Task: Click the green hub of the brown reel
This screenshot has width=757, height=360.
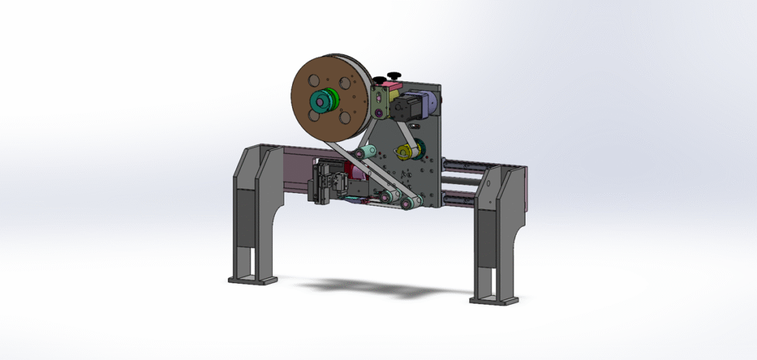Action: pyautogui.click(x=322, y=101)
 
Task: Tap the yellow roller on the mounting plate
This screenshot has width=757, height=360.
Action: pyautogui.click(x=404, y=152)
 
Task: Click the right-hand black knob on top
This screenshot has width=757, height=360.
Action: pyautogui.click(x=394, y=75)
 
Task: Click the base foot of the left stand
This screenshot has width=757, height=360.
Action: pyautogui.click(x=252, y=280)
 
